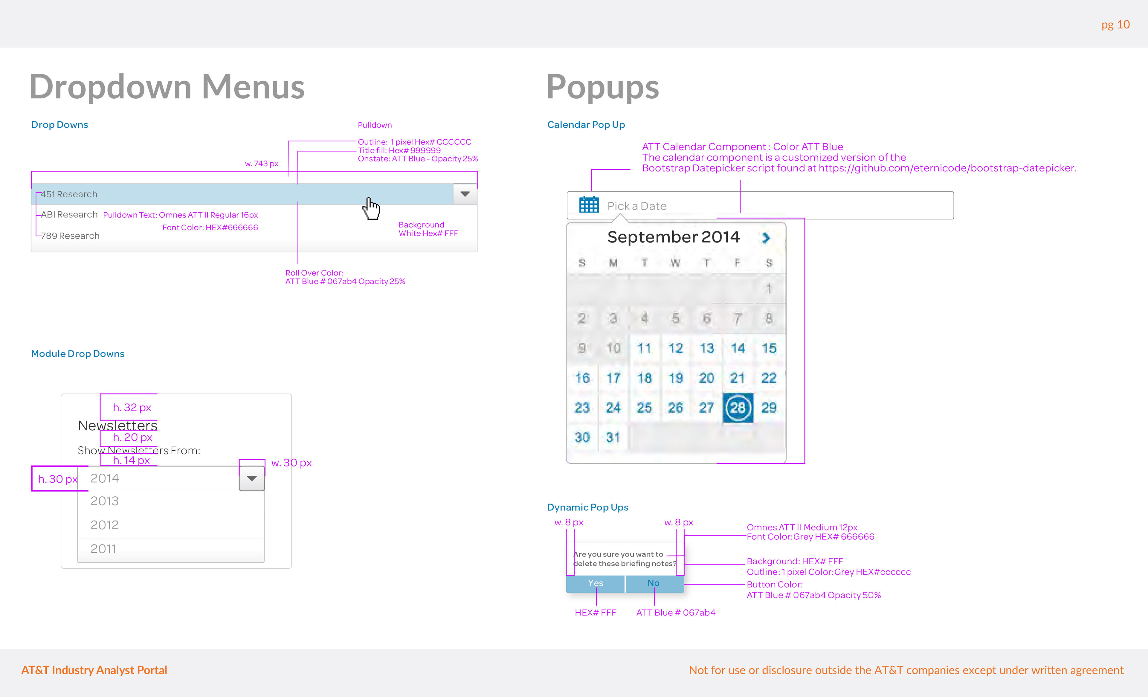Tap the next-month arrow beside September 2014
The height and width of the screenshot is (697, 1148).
tap(766, 238)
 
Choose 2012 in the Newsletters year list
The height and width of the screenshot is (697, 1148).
tap(105, 525)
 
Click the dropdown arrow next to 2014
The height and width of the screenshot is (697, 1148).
tap(252, 478)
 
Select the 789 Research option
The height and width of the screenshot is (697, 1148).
tap(70, 236)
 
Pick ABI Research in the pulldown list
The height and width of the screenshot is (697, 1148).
tap(69, 215)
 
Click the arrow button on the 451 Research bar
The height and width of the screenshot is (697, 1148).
tap(465, 194)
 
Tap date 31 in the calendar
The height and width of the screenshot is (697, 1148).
tap(613, 437)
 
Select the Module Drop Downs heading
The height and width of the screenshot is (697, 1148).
tap(78, 354)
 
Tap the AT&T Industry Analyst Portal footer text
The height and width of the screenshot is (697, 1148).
tap(94, 670)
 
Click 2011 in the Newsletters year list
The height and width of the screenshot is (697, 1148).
tap(103, 549)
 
